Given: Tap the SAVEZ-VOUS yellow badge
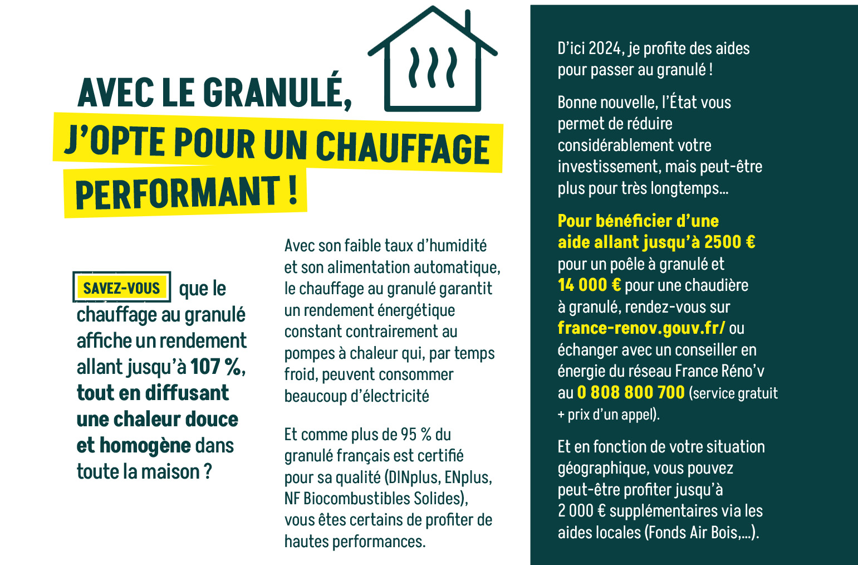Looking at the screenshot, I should coord(121,288).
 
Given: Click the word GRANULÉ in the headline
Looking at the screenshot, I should coord(277,92).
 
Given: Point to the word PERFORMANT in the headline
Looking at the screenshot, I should coord(178,193).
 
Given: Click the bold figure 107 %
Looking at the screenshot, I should coord(217,367).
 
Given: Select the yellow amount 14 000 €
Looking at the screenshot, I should coord(589,285).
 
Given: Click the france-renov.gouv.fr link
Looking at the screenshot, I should coord(641,328).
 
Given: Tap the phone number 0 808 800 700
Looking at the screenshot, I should coord(631,392).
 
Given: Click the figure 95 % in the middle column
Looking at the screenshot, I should coord(416,434).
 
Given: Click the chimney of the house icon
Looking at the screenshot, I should coord(467,21).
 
